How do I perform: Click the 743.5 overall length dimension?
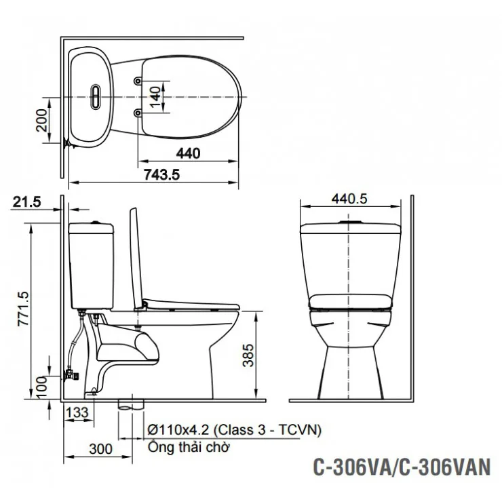point(162,175)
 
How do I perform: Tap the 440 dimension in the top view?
point(190,154)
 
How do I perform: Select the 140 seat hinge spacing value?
point(155,96)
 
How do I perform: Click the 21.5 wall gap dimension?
point(27,201)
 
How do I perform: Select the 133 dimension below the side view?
point(77,411)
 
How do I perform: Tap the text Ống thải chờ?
point(190,448)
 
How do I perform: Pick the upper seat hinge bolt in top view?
point(138,81)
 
